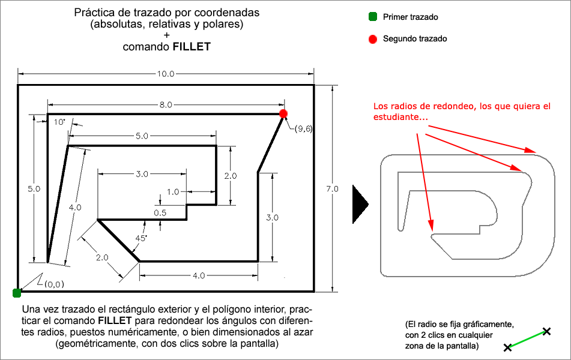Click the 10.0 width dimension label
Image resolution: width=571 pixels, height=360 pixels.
[165, 74]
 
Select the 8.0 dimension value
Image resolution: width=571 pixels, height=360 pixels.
[165, 104]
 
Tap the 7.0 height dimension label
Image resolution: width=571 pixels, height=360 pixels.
[333, 189]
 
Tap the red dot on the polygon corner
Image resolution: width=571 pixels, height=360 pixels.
[283, 113]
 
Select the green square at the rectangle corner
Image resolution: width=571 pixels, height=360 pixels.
[17, 293]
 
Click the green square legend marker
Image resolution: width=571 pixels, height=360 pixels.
[372, 17]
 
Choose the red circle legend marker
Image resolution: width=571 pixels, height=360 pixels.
[372, 39]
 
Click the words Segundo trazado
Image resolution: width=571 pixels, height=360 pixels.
[415, 39]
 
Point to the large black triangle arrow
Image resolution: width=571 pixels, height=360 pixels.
[360, 203]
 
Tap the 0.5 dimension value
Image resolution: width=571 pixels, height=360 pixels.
[160, 212]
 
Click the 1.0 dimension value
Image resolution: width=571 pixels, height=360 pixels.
[173, 192]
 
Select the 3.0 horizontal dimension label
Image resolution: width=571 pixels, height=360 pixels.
[142, 174]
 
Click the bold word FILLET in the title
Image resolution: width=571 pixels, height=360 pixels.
[192, 46]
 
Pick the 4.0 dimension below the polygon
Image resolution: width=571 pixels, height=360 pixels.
[199, 275]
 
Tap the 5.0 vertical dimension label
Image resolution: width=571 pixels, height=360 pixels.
[34, 188]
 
